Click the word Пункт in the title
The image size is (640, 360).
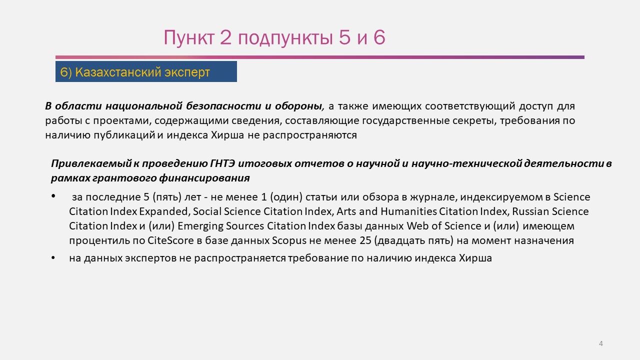(x=189, y=37)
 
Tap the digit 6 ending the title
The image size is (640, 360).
(x=379, y=37)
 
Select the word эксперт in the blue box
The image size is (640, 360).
(x=187, y=72)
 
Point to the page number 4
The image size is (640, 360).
(x=601, y=343)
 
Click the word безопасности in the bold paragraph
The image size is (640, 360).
(x=223, y=106)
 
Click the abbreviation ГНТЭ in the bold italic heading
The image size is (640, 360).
(x=222, y=163)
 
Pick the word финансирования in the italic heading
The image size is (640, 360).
(x=204, y=178)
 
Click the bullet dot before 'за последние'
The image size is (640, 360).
(x=53, y=196)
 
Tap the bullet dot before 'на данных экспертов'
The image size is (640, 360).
(x=53, y=257)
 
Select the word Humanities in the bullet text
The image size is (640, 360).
(x=409, y=211)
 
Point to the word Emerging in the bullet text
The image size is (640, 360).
(x=200, y=226)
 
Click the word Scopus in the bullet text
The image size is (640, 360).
(x=289, y=240)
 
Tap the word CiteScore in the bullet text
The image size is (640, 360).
(x=170, y=240)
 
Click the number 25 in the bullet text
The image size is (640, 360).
(x=365, y=240)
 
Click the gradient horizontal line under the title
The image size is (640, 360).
(x=320, y=57)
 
